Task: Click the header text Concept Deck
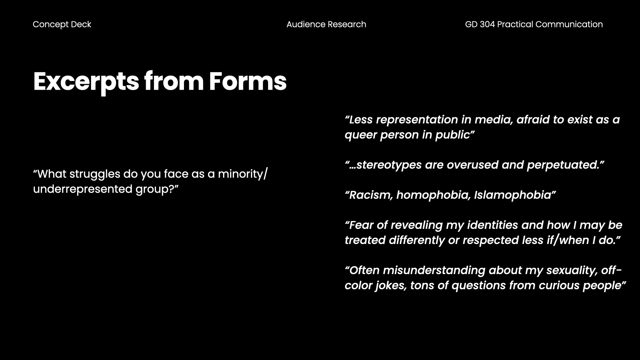[62, 25]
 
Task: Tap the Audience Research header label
[326, 24]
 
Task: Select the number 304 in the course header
[487, 24]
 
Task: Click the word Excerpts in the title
[86, 82]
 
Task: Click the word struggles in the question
[95, 174]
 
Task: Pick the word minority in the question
[240, 174]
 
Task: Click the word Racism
[371, 195]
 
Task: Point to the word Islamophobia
[513, 195]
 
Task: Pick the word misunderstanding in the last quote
[434, 270]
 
